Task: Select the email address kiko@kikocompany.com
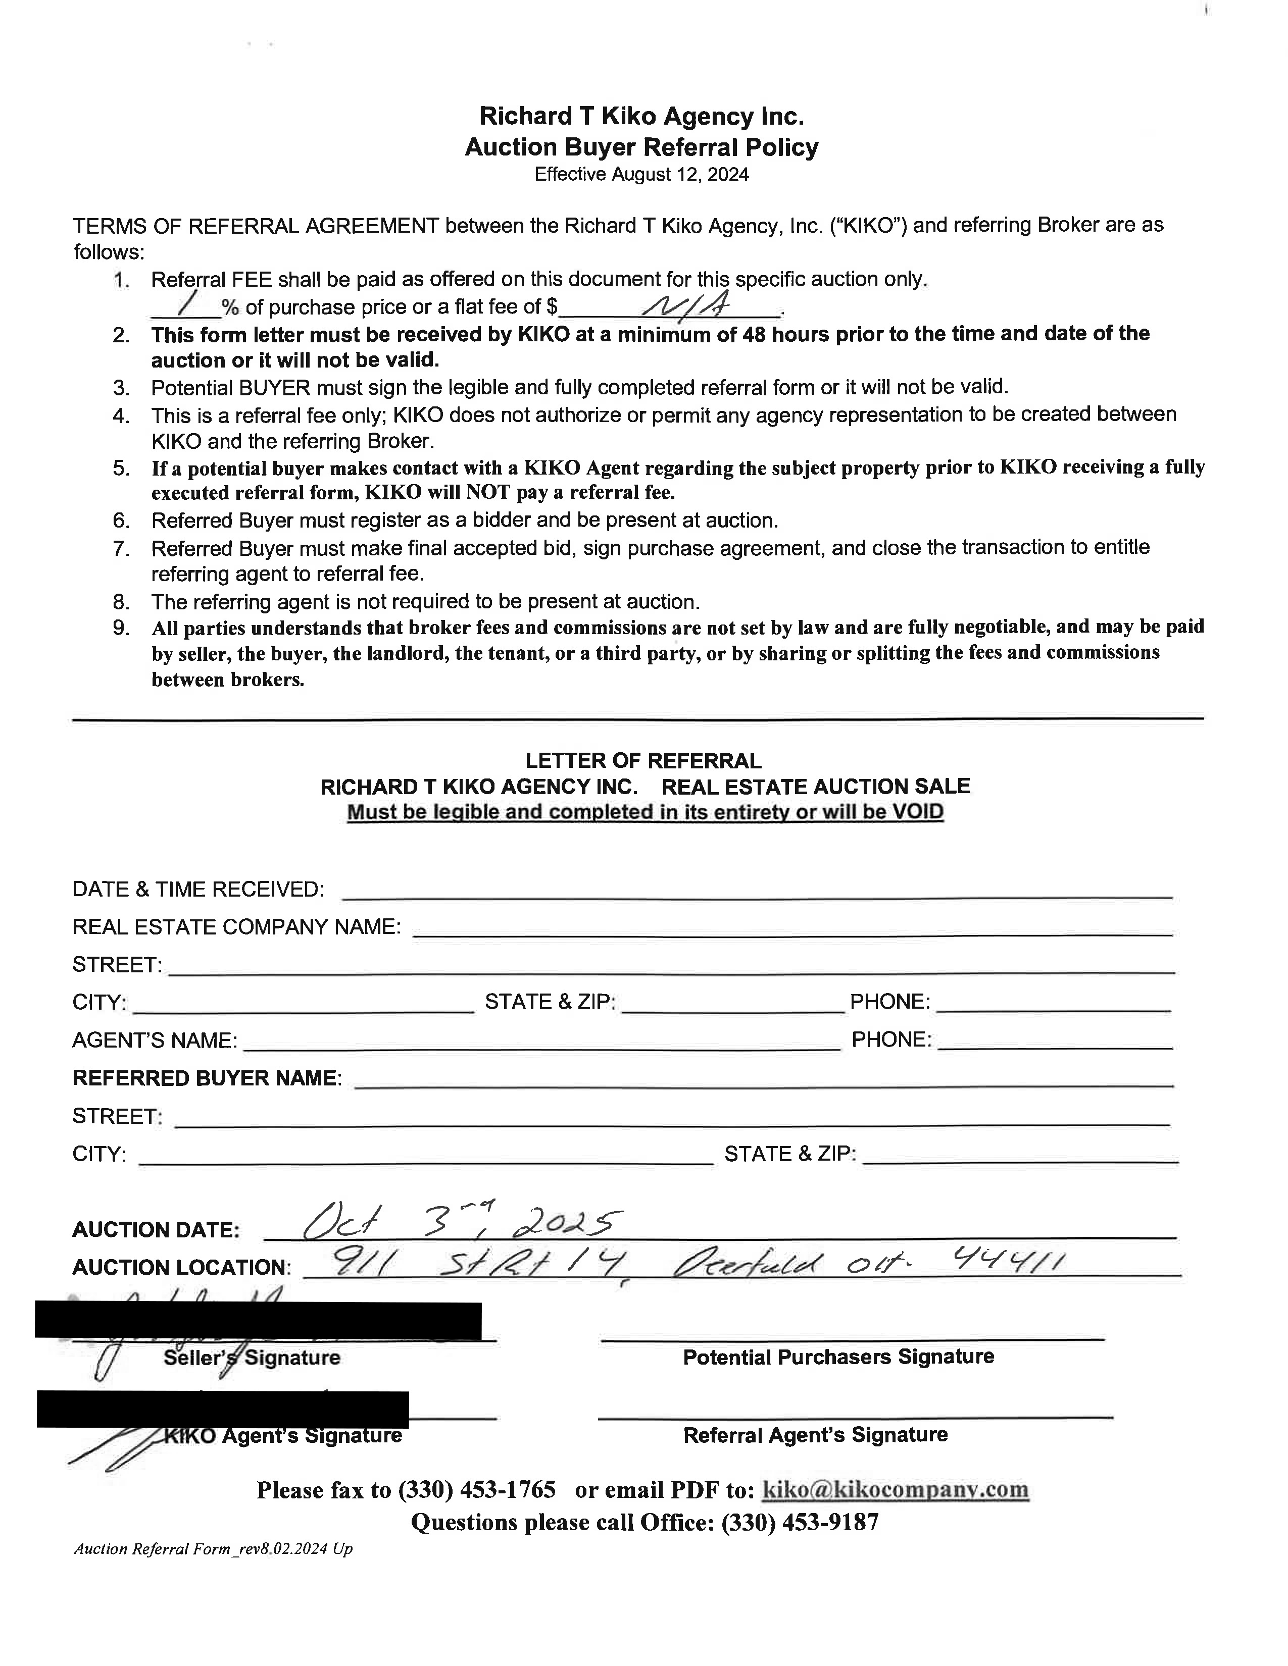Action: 896,1490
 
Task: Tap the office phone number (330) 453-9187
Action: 800,1523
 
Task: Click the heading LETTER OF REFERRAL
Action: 643,760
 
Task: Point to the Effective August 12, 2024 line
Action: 641,175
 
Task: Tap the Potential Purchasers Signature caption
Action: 838,1357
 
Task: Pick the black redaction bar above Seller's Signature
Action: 258,1321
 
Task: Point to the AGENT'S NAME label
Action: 154,1040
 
